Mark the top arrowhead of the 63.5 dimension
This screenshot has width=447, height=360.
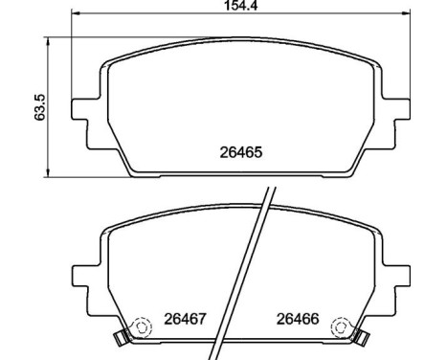click(47, 40)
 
